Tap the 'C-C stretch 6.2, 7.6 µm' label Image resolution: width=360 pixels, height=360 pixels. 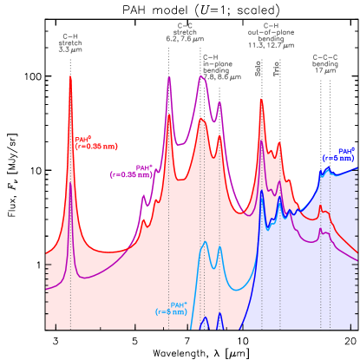tap(185, 32)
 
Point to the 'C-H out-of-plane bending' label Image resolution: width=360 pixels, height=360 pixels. tap(271, 36)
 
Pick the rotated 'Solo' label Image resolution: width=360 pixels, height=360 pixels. tap(259, 68)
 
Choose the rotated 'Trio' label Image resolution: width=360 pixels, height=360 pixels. tap(277, 69)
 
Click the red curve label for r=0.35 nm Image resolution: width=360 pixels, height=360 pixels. tap(95, 142)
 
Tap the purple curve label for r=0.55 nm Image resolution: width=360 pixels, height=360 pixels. tap(132, 171)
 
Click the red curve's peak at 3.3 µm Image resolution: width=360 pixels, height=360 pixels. tap(70, 79)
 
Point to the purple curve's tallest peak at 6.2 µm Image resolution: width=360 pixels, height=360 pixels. tap(168, 77)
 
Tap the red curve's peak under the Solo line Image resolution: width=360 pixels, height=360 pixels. tap(261, 100)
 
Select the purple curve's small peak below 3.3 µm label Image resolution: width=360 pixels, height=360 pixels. tap(70, 183)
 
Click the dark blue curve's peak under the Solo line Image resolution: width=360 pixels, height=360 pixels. tap(262, 190)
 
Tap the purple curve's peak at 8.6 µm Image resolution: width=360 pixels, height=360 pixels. tap(219, 103)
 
